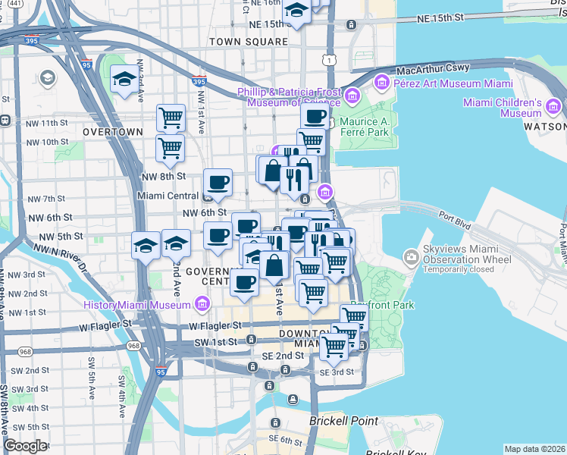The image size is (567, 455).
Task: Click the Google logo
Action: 25,446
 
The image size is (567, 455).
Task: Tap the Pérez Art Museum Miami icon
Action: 381,81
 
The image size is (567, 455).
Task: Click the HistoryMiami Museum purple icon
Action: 202,305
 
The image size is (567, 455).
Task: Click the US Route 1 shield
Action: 327,58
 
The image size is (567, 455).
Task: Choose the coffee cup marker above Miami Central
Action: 218,182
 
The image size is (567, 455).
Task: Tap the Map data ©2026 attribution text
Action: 534,449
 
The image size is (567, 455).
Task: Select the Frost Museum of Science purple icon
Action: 352,96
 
